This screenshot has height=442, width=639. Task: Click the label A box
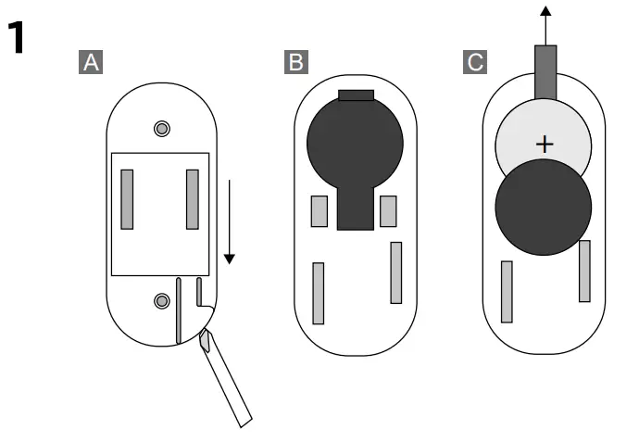pyautogui.click(x=91, y=62)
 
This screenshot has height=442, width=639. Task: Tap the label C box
pyautogui.click(x=474, y=62)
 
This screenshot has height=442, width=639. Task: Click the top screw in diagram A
pyautogui.click(x=162, y=127)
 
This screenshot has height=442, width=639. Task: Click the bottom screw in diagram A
pyautogui.click(x=162, y=299)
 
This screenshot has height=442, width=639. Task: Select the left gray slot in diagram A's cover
pyautogui.click(x=128, y=198)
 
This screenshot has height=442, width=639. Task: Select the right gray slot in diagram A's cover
pyautogui.click(x=193, y=198)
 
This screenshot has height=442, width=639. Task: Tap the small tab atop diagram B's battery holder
pyautogui.click(x=356, y=94)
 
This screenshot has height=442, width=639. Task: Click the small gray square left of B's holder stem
pyautogui.click(x=319, y=211)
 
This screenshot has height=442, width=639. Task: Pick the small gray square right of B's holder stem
pyautogui.click(x=388, y=211)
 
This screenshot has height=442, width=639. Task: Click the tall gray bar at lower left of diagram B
pyautogui.click(x=319, y=293)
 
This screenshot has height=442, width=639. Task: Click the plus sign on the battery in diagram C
pyautogui.click(x=545, y=145)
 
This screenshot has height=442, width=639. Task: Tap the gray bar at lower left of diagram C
pyautogui.click(x=507, y=291)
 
